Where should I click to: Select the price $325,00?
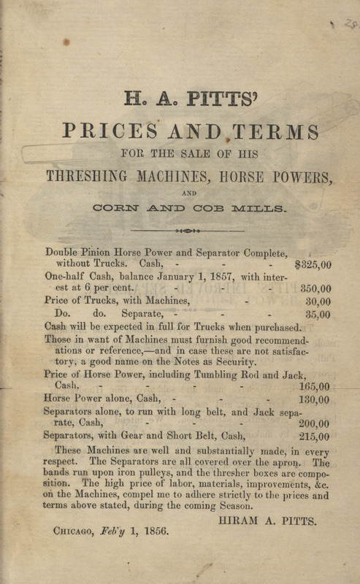pos(312,266)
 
